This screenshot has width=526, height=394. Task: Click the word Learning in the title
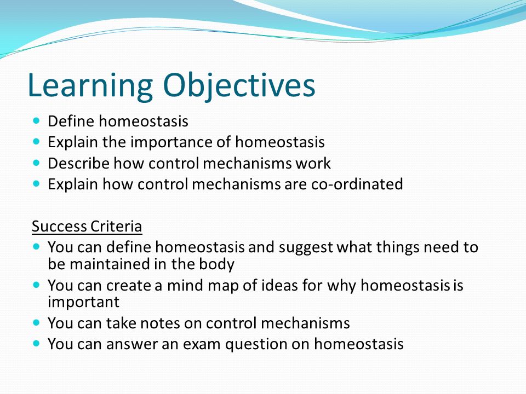(x=90, y=86)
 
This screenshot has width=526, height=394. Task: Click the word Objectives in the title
(x=239, y=85)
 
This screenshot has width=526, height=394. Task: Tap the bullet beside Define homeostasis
(x=37, y=120)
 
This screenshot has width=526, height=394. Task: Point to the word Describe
(x=78, y=163)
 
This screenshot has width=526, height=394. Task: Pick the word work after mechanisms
(x=313, y=163)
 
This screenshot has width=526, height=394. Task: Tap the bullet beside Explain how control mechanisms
(x=37, y=184)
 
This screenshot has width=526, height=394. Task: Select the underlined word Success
(x=59, y=227)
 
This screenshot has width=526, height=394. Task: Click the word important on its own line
(x=83, y=303)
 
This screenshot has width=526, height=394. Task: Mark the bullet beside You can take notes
(x=37, y=323)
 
